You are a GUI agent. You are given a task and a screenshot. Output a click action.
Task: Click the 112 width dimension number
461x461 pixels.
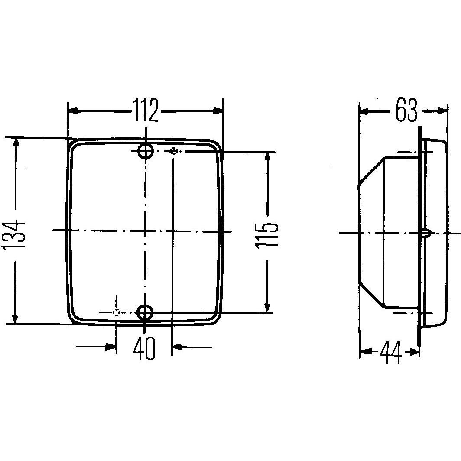(x=146, y=111)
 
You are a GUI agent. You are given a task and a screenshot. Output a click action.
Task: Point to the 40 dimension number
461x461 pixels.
(x=144, y=348)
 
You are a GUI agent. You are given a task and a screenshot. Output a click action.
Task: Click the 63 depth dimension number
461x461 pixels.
(x=406, y=111)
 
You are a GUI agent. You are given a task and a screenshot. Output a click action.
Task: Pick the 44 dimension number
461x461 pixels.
(x=390, y=353)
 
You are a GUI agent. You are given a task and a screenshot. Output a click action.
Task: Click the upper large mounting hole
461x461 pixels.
(x=146, y=151)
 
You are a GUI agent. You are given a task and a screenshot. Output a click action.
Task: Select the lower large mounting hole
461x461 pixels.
(x=145, y=312)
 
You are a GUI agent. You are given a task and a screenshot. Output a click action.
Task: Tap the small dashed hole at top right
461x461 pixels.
(x=174, y=151)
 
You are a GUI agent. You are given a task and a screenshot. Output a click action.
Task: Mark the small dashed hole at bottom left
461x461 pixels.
(x=116, y=312)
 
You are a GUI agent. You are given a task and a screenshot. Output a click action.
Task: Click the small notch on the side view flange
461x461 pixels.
(x=425, y=233)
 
